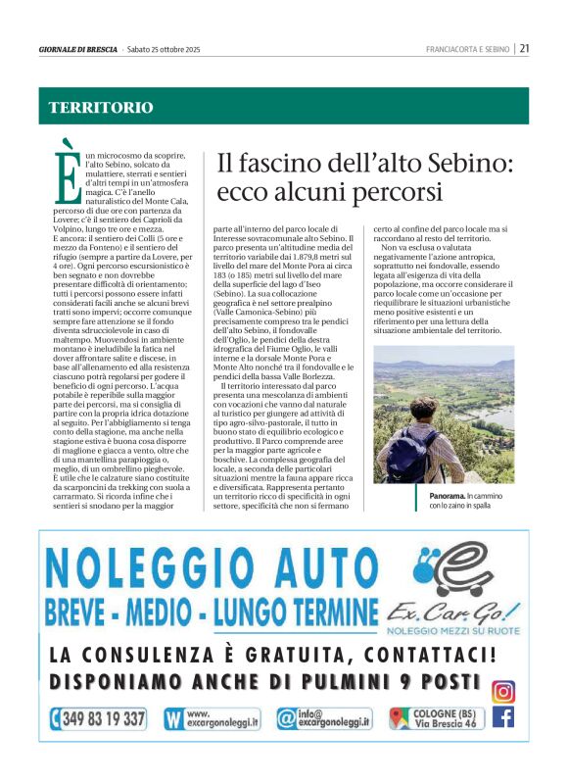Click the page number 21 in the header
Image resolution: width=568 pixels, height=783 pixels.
pyautogui.click(x=525, y=48)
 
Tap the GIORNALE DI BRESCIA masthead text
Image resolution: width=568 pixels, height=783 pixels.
pyautogui.click(x=78, y=49)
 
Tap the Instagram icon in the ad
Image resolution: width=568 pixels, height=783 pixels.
pyautogui.click(x=502, y=691)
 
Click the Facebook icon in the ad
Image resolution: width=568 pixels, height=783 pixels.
pyautogui.click(x=502, y=718)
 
